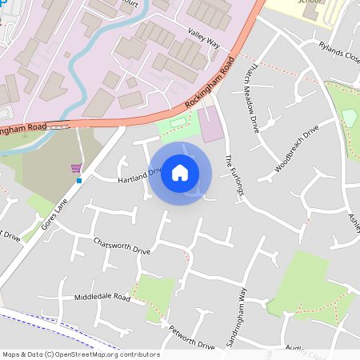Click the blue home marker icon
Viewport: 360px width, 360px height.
[180, 173]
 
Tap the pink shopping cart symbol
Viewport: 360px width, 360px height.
[77, 168]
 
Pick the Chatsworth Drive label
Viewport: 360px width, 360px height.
[121, 246]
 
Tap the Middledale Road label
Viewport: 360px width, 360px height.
[102, 296]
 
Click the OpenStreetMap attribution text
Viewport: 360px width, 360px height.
[81, 354]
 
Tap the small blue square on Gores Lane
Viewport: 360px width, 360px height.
[79, 181]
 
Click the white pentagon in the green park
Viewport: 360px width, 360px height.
[349, 118]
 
